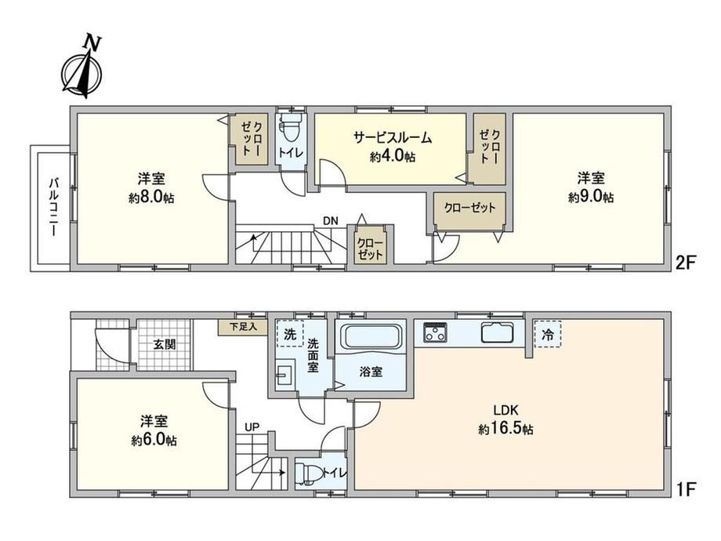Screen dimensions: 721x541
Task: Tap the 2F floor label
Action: coord(686,263)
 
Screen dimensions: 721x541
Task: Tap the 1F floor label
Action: coord(686,489)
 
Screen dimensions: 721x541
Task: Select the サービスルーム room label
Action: coord(393,137)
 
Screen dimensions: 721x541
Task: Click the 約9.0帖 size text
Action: coord(591,197)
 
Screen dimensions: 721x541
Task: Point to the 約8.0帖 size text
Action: coord(151,198)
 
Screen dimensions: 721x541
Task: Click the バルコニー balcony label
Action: coord(54,208)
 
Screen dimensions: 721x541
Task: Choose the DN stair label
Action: coord(330,221)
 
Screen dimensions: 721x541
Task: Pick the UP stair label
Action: coord(252,427)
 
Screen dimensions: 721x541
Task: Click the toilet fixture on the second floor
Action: coord(291,128)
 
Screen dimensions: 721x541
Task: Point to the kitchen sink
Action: coord(498,332)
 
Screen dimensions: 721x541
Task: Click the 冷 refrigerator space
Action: coord(548,335)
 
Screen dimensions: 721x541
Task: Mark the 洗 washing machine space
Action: coord(290,333)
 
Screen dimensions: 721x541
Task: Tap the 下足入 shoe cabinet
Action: coord(242,327)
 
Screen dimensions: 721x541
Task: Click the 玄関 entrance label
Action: coord(164,344)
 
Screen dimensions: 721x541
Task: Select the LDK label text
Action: coord(505,409)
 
